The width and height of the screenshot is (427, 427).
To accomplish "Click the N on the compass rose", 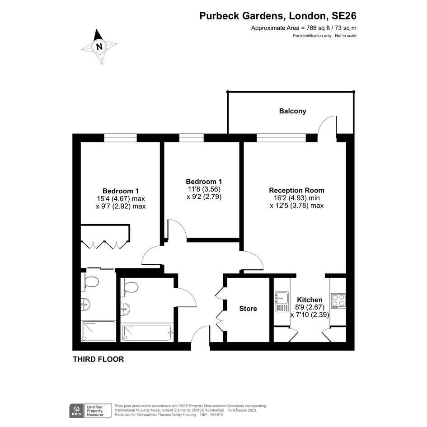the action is [x=99, y=47].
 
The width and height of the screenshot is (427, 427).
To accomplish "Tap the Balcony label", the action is [x=292, y=111].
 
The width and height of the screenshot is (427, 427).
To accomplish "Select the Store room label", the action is [x=248, y=309].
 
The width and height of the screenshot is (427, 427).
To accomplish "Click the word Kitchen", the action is [x=310, y=300].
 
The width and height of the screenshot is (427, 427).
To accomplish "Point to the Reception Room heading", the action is [x=296, y=190].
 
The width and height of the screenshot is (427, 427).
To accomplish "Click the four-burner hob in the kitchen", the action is [x=338, y=301].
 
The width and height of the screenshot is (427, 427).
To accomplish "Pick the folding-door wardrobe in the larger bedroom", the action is [x=105, y=236].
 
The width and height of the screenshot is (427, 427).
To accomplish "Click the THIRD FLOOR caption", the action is [x=99, y=359].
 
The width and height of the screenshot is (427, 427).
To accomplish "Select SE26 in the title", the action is [x=344, y=16].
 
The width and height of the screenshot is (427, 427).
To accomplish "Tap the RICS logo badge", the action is [x=77, y=411].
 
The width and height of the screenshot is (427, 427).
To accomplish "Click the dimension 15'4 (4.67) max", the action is [x=121, y=198].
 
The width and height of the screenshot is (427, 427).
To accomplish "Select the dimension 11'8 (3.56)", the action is [x=203, y=189].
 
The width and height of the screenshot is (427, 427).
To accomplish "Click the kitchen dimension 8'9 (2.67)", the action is [x=310, y=307].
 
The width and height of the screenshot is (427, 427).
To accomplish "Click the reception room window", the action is [x=282, y=138].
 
